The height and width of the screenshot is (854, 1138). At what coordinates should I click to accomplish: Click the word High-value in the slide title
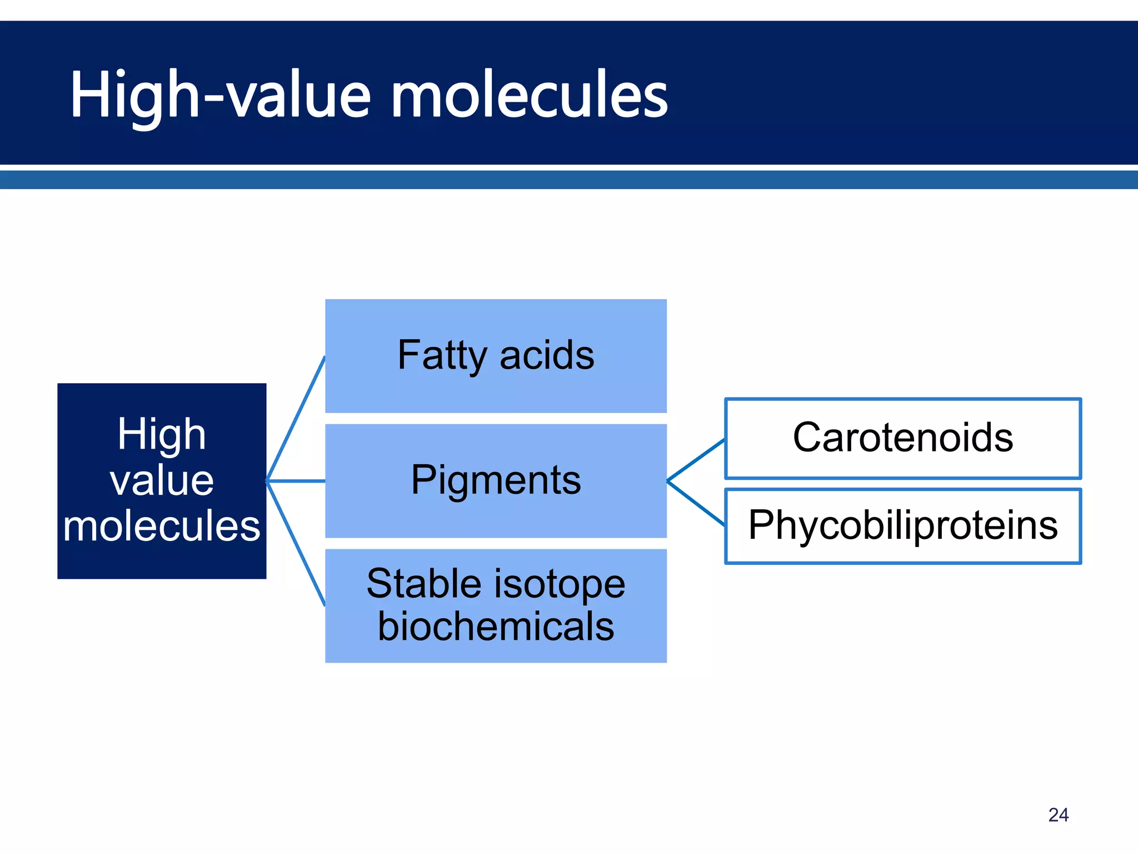220,95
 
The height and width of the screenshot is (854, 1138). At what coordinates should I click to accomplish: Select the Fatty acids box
496,356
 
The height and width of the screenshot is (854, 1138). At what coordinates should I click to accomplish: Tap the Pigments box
496,480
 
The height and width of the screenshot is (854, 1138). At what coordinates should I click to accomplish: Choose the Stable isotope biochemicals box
496,605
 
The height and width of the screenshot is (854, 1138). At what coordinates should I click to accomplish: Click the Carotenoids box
903,438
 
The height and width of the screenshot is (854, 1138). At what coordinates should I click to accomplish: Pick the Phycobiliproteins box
903,526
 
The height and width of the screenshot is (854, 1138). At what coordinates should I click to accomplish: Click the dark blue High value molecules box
162,481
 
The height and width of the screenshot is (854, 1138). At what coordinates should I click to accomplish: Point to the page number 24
1058,815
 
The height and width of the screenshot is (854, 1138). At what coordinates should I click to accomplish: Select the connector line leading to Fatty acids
296,418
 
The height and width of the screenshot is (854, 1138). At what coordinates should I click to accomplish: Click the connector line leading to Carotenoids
696,460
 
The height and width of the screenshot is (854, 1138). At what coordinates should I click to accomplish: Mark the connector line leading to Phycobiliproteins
696,503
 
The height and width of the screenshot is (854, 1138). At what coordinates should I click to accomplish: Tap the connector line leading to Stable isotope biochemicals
296,543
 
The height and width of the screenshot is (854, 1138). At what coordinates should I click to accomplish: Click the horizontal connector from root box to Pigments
296,481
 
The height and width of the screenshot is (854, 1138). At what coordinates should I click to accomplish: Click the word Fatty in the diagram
442,356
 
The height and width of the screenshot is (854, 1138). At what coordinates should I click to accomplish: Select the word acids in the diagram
547,356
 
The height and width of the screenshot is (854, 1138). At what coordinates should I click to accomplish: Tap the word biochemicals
496,627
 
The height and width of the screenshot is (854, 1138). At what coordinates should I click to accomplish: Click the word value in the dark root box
162,480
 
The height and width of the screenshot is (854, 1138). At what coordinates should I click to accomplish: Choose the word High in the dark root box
162,434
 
